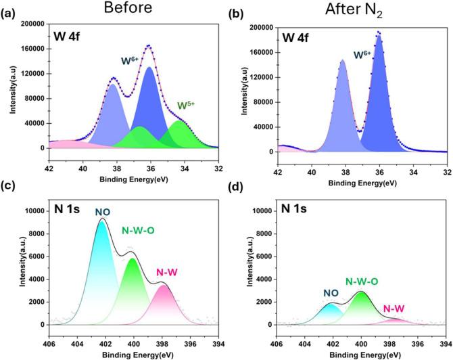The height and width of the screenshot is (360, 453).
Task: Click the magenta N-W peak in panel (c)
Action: tap(163, 305)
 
